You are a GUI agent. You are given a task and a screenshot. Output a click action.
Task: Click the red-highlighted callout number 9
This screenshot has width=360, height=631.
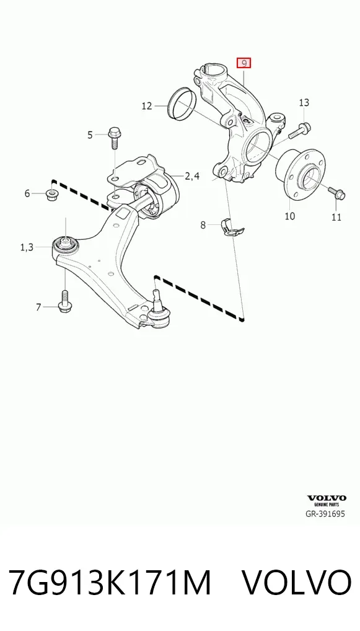(244, 63)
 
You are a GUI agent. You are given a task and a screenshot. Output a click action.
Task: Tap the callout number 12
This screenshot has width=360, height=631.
(147, 106)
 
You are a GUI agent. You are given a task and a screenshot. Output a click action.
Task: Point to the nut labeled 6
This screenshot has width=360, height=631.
(51, 195)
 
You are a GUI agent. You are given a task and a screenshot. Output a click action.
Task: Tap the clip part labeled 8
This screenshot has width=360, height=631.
(232, 227)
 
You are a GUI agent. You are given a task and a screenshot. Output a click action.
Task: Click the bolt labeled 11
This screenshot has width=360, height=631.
(336, 193)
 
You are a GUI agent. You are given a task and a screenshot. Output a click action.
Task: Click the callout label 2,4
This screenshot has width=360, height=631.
(191, 176)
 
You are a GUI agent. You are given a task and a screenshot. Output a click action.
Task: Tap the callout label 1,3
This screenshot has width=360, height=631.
(27, 247)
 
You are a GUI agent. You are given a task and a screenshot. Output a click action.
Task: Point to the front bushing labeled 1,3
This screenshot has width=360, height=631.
(65, 244)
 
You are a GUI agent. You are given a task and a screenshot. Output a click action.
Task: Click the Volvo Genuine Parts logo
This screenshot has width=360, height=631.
(327, 500)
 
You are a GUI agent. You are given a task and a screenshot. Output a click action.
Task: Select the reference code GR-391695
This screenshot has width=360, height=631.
(325, 514)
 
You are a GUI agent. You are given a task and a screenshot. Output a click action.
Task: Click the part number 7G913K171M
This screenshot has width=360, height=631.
(110, 582)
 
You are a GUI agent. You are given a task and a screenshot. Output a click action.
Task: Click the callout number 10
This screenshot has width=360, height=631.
(289, 216)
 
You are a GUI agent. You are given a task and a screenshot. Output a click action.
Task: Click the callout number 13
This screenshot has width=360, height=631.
(304, 103)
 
